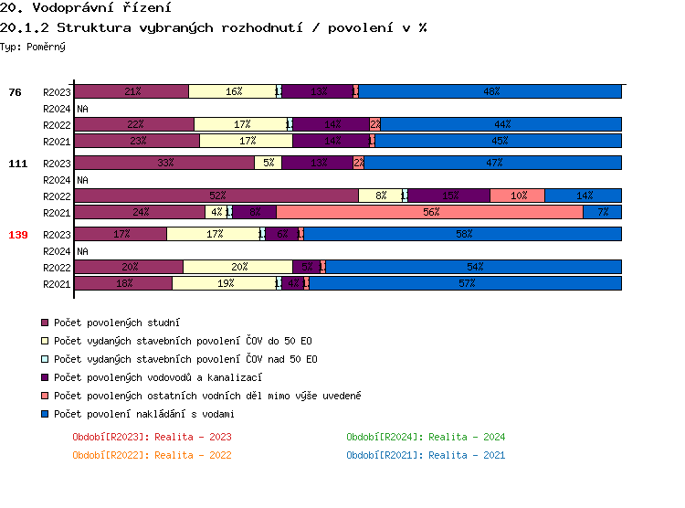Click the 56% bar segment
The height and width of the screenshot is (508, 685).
(x=429, y=212)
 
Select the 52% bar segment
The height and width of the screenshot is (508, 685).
(x=216, y=196)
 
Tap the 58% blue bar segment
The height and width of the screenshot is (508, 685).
(x=463, y=234)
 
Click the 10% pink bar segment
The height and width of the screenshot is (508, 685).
(x=518, y=196)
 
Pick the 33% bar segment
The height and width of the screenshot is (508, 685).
(x=164, y=163)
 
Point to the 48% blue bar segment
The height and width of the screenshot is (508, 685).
(x=490, y=91)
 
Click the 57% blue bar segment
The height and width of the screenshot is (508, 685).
(x=466, y=283)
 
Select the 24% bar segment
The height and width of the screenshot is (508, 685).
(x=140, y=212)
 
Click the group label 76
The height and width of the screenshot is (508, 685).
(x=15, y=92)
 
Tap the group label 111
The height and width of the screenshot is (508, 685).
(x=17, y=164)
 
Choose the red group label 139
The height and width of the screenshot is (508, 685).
(x=17, y=235)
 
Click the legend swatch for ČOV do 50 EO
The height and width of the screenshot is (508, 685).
(x=44, y=341)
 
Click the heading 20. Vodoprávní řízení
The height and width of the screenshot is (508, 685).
(x=88, y=8)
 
